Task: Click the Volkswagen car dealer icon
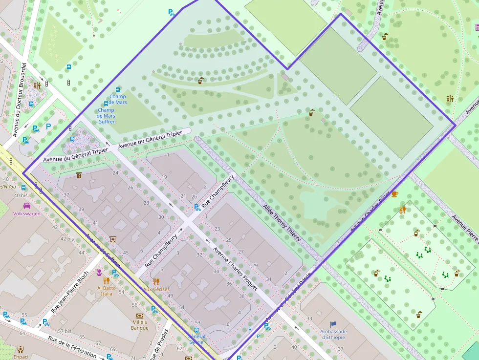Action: click(27, 206)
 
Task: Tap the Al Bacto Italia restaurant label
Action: click(107, 291)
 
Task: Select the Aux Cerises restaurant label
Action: click(156, 289)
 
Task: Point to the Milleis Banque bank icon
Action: click(139, 316)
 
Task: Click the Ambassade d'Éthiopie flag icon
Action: click(333, 324)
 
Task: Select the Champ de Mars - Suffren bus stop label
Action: click(107, 116)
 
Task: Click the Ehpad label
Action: click(21, 357)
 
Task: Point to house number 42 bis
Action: click(67, 239)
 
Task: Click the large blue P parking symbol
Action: click(48, 126)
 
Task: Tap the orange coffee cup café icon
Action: click(394, 194)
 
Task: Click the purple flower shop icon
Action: click(99, 272)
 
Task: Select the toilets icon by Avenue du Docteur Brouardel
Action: click(38, 85)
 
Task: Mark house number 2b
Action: click(195, 196)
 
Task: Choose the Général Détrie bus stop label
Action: click(196, 339)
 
